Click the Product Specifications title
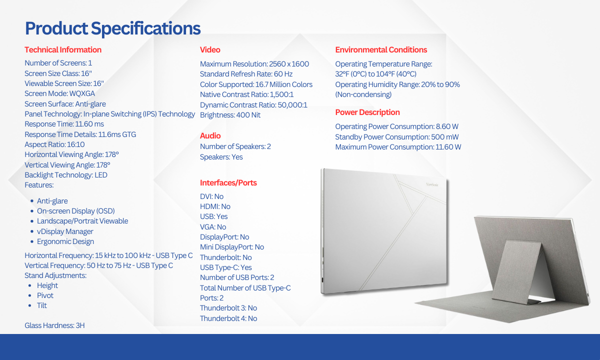point(113,28)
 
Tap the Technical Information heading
point(63,50)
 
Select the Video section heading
point(210,50)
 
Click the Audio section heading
point(210,136)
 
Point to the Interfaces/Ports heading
point(228,182)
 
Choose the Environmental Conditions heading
point(381,50)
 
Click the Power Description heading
point(367,112)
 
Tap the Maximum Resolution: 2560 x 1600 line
point(254,64)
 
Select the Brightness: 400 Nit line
point(230,115)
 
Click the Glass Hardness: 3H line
point(54,325)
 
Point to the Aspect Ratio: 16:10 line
point(54,144)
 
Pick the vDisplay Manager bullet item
point(65,231)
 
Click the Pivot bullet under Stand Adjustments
point(45,295)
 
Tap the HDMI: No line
point(215,206)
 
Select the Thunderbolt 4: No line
point(228,318)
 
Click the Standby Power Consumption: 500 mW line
point(397,137)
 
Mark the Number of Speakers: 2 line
point(235,146)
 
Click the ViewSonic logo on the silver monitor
point(432,184)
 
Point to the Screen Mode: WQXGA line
point(59,93)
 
